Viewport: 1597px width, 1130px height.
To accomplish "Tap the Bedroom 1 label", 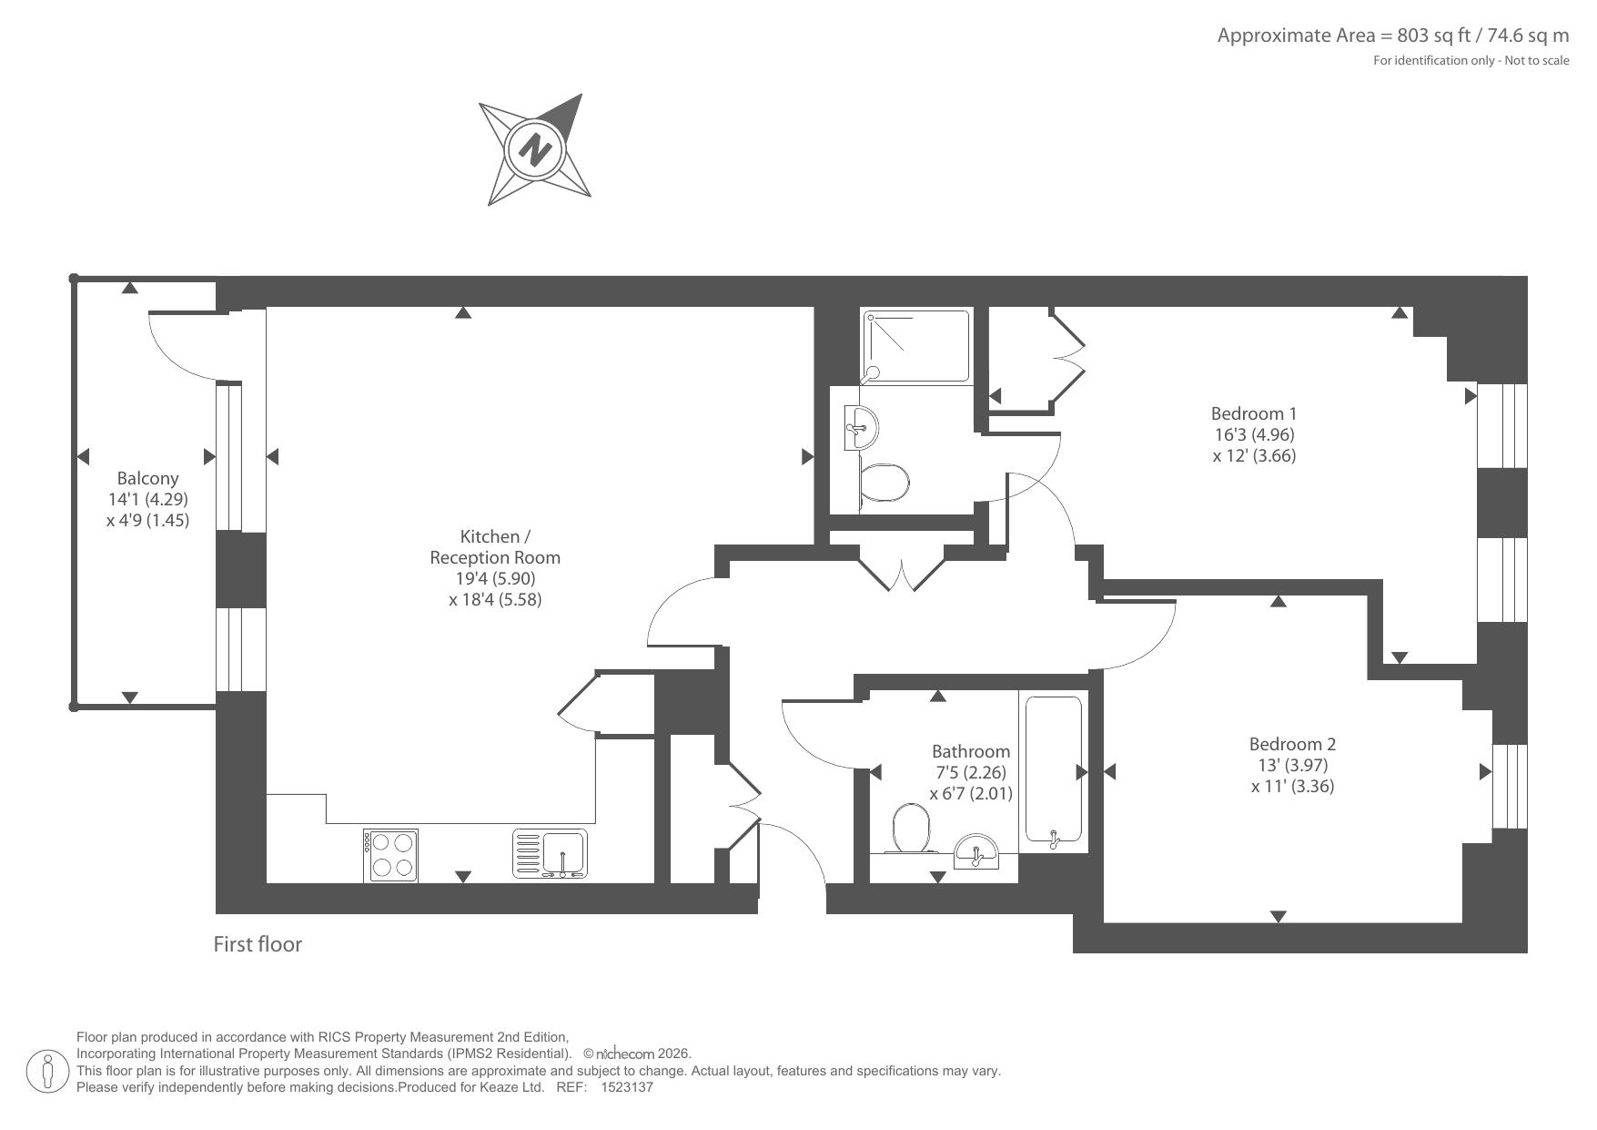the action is pyautogui.click(x=1253, y=413).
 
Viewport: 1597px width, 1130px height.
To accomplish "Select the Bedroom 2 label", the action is pyautogui.click(x=1292, y=745).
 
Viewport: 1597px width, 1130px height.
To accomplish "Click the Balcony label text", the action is pyautogui.click(x=147, y=479).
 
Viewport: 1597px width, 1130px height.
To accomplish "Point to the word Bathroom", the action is pyautogui.click(x=970, y=751).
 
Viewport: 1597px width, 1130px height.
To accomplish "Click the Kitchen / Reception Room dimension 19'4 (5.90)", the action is pyautogui.click(x=495, y=578).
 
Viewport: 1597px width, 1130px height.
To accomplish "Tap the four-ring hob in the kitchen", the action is pyautogui.click(x=391, y=854).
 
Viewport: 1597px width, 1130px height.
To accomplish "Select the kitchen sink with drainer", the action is pyautogui.click(x=550, y=853).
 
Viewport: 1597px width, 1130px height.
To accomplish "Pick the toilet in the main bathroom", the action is pyautogui.click(x=913, y=828).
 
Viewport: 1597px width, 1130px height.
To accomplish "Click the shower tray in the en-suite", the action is pyautogui.click(x=916, y=346).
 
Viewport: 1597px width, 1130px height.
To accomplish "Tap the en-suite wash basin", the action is pyautogui.click(x=860, y=428).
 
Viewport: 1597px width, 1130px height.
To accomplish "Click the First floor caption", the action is pyautogui.click(x=258, y=944).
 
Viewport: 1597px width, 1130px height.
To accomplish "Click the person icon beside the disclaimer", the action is pyautogui.click(x=47, y=1071).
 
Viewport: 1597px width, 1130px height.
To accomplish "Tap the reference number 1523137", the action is pyautogui.click(x=628, y=1087).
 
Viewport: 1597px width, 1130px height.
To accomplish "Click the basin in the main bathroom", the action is pyautogui.click(x=975, y=852).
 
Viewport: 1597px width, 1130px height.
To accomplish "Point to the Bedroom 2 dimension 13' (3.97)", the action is pyautogui.click(x=1292, y=766).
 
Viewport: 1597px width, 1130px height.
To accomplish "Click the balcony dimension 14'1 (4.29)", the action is pyautogui.click(x=147, y=499).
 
